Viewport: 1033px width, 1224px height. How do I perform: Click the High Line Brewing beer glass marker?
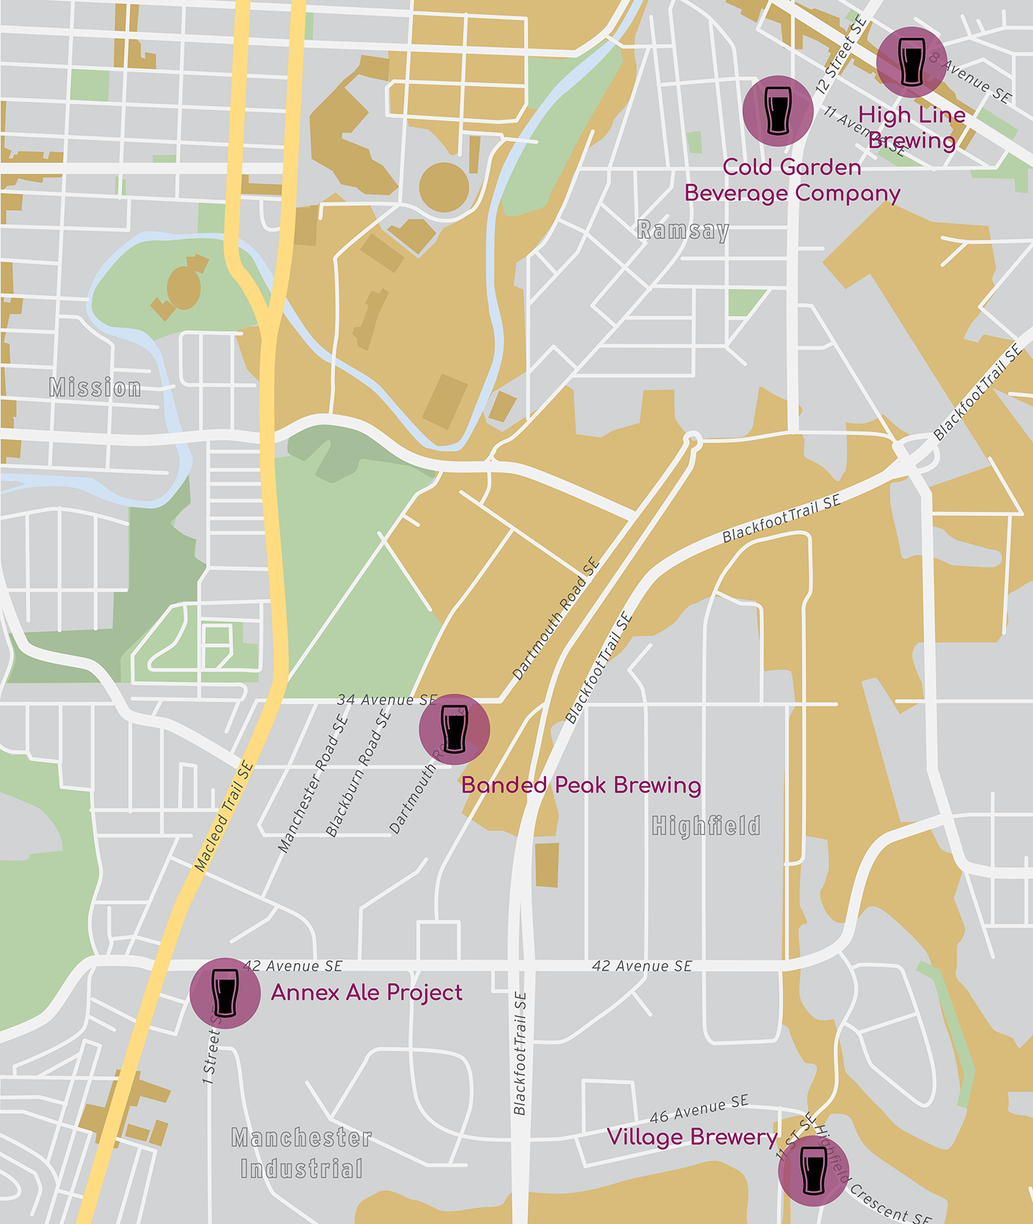tap(911, 63)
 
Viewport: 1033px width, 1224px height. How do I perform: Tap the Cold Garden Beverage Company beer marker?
tap(777, 111)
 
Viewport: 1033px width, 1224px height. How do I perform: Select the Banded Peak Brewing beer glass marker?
tap(454, 729)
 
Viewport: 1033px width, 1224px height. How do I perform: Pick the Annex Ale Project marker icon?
tap(225, 993)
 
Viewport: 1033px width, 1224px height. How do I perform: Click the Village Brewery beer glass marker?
tap(813, 1171)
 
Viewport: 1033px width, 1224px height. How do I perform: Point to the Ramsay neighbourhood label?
tap(683, 230)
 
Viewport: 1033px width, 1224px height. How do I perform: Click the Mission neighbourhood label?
tap(95, 388)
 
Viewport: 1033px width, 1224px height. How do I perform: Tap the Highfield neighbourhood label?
tap(705, 825)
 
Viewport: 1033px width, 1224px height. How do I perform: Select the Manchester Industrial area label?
tap(302, 1153)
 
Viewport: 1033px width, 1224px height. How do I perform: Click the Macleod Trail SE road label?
tap(224, 817)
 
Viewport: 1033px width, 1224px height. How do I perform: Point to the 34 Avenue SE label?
tap(387, 699)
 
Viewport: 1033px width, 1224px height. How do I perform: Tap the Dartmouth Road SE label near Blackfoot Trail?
tap(556, 620)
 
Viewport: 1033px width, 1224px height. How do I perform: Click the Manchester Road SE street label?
tap(312, 784)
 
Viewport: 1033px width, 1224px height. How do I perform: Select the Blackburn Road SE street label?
tap(358, 774)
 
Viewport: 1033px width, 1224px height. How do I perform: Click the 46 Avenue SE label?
tap(698, 1109)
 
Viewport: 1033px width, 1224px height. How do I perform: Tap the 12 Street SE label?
tap(840, 56)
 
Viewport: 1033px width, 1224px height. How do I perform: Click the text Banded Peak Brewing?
tap(581, 785)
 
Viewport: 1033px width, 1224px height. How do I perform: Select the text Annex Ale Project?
tap(366, 993)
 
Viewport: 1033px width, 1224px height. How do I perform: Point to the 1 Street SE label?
tap(211, 1051)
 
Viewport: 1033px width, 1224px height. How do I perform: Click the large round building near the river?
tap(444, 187)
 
